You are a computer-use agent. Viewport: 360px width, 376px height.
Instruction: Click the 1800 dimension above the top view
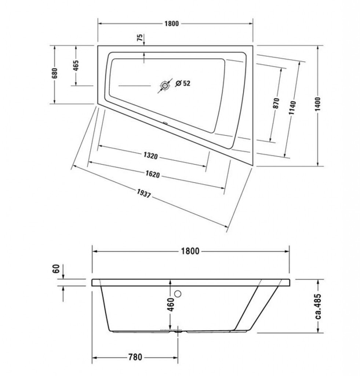click(172, 23)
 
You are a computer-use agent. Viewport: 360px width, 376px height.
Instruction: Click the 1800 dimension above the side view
click(190, 251)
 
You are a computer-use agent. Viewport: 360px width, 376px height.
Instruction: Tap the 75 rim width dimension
click(139, 37)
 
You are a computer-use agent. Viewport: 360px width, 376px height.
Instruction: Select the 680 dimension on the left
click(55, 73)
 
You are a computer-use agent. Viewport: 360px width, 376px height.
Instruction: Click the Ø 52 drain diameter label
click(183, 83)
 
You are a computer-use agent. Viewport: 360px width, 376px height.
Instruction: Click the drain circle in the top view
click(165, 85)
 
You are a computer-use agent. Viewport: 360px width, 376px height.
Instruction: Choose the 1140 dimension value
click(292, 108)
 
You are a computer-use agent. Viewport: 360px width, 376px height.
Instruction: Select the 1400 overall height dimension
click(317, 104)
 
